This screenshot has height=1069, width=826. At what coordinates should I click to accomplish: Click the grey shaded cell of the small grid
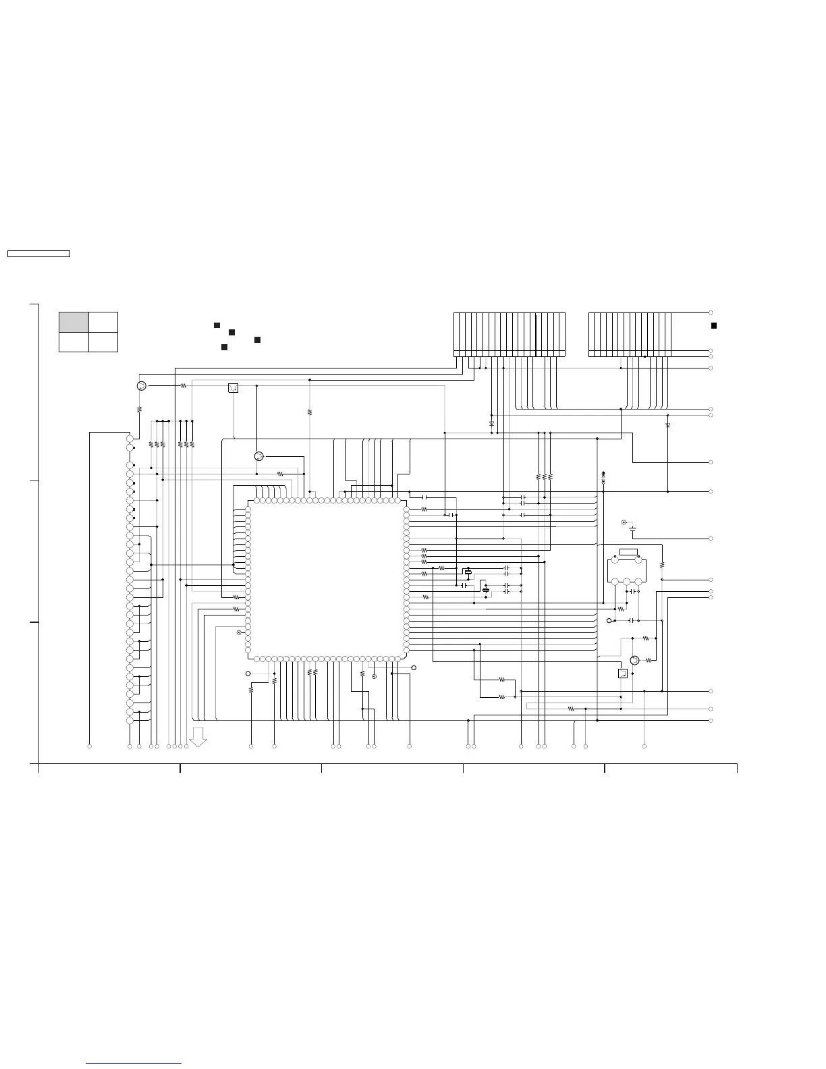[x=74, y=322]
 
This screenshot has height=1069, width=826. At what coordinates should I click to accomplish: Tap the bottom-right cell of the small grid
[x=103, y=341]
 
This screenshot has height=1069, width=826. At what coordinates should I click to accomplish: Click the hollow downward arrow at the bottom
[x=198, y=737]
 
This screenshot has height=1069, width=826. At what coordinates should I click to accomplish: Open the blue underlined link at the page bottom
[x=134, y=1063]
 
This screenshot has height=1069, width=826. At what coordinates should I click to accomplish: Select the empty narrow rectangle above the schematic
[x=38, y=254]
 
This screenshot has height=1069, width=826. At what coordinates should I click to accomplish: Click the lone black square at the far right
[x=713, y=325]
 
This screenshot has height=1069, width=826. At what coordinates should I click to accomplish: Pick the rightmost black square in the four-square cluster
[x=258, y=339]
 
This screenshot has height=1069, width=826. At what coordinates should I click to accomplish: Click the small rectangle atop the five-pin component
[x=628, y=552]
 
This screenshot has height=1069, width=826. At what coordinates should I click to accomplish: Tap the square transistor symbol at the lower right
[x=623, y=673]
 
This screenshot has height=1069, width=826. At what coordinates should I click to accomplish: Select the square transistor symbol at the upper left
[x=233, y=387]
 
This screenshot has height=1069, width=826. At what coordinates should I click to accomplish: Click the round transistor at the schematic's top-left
[x=141, y=386]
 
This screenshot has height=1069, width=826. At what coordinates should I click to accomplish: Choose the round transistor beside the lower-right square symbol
[x=634, y=660]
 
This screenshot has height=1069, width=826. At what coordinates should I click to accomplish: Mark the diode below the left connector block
[x=491, y=423]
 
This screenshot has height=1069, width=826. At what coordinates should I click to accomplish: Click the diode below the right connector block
[x=667, y=426]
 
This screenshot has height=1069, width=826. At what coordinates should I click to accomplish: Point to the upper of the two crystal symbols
[x=468, y=572]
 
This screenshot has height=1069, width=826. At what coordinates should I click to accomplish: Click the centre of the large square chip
[x=327, y=579]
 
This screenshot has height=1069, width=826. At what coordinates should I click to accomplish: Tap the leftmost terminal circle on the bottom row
[x=90, y=746]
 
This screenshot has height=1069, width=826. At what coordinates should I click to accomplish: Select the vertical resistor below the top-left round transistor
[x=139, y=409]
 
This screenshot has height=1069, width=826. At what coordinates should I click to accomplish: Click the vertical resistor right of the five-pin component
[x=662, y=564]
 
